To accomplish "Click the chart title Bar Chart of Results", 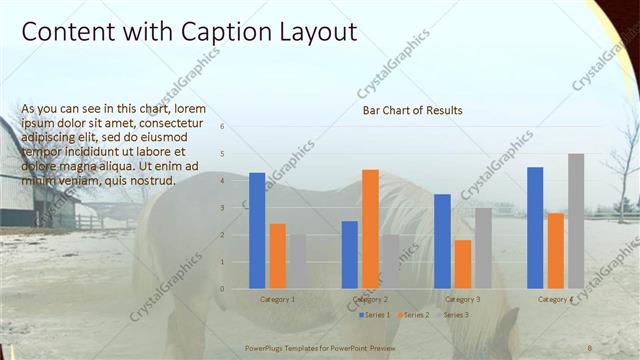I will coord(412,111).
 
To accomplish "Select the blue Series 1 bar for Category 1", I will coord(257,230).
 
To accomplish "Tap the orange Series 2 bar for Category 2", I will coord(370,229).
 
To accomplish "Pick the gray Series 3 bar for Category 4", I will coord(576,221).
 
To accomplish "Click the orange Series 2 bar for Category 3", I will coord(463,264).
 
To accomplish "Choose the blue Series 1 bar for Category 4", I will coord(535,227).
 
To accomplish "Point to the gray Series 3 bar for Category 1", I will coord(297,261).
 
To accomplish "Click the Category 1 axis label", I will coord(277,299).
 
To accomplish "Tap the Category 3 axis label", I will coord(462,299).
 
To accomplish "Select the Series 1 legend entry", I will coord(375,315).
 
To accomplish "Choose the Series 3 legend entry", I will coord(455,315).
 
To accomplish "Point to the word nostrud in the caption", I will coord(151,181).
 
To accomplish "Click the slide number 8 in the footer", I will coord(590,346).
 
